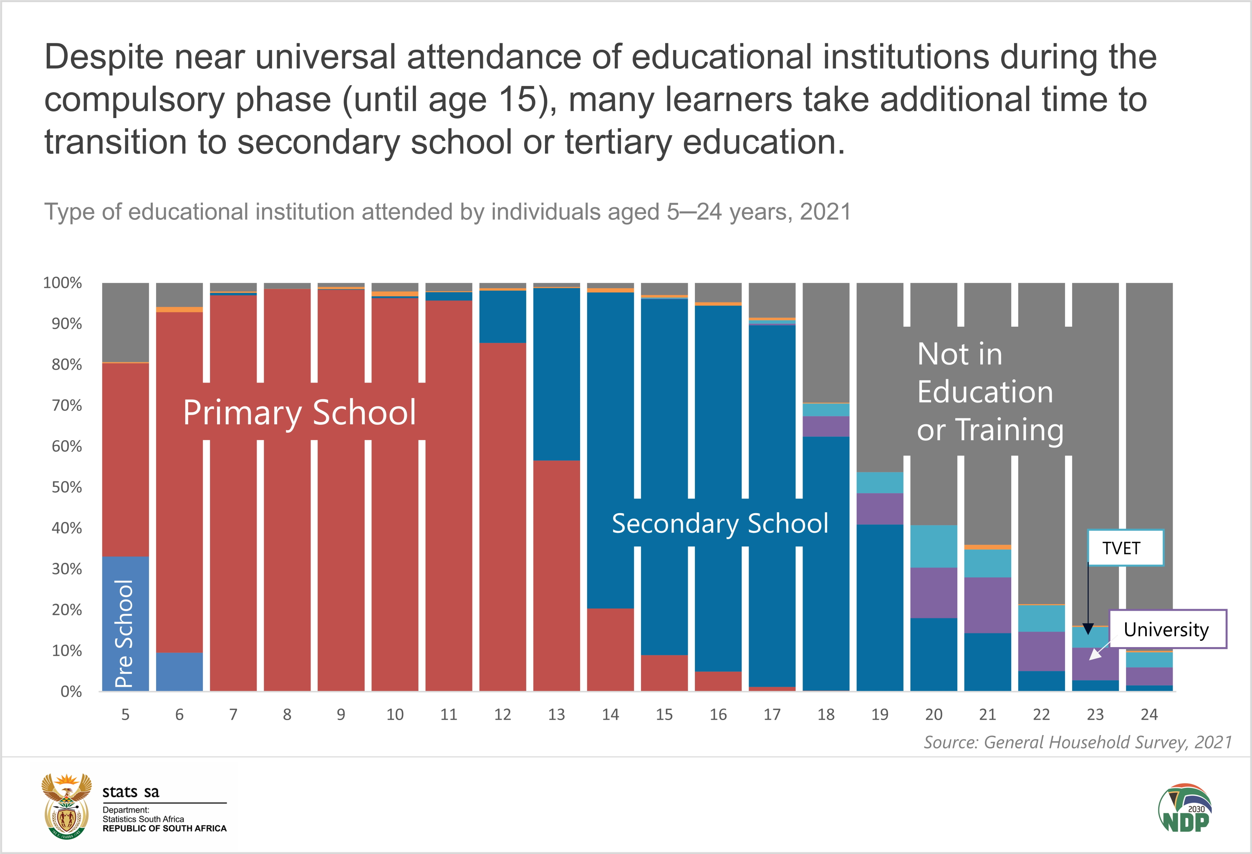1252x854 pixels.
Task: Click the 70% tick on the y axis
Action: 66,406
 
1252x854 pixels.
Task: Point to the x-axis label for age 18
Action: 826,715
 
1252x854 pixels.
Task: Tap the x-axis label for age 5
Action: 126,715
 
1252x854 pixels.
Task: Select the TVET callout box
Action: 1125,548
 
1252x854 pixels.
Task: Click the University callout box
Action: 1167,630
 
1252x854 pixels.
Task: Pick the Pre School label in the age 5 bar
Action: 124,633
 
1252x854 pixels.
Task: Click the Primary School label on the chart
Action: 300,413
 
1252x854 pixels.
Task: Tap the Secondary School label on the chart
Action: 720,524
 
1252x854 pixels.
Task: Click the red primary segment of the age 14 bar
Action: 611,650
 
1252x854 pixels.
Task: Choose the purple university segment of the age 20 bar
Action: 934,593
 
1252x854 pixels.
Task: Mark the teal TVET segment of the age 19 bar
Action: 880,482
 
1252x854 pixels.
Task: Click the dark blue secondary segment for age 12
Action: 502,317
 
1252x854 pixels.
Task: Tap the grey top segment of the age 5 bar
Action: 126,322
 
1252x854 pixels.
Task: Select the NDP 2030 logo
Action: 1185,808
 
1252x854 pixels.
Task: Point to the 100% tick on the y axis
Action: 63,283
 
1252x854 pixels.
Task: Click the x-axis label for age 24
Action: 1149,715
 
